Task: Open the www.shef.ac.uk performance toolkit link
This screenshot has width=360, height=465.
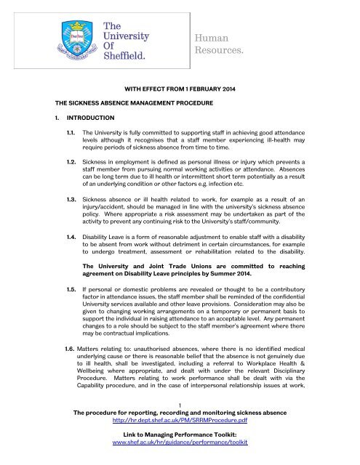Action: (180, 459)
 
